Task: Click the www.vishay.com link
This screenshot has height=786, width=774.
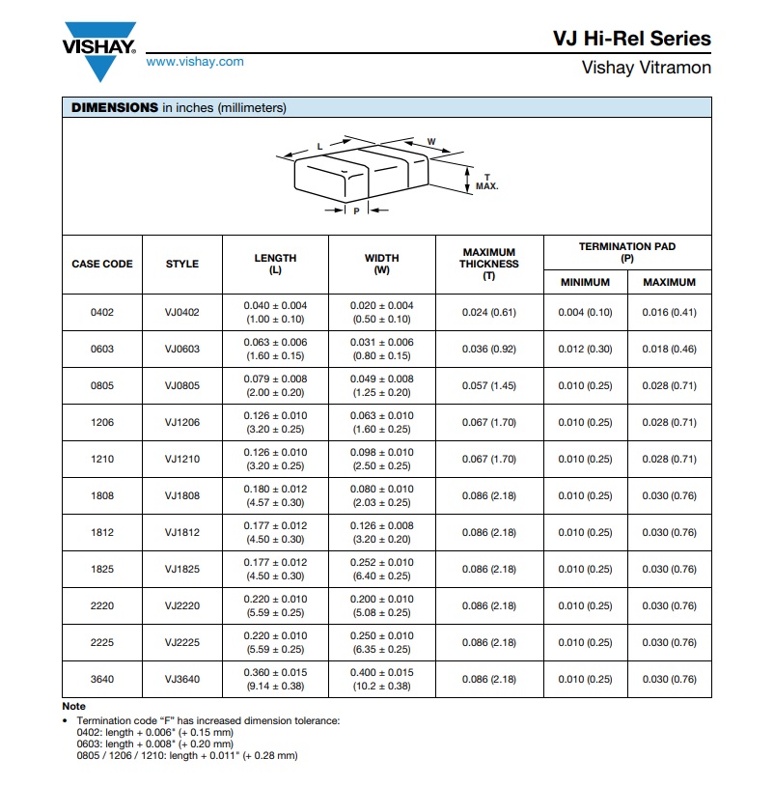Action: click(x=195, y=62)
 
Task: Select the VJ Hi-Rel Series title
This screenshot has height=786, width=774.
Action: click(x=631, y=39)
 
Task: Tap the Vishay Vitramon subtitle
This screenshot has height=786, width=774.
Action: click(x=646, y=68)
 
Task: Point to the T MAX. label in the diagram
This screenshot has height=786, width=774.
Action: click(x=486, y=182)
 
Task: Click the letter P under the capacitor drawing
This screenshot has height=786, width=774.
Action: click(x=356, y=210)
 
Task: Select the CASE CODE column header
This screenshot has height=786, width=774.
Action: click(x=102, y=264)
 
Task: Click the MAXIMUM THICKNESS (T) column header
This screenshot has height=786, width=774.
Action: click(x=488, y=264)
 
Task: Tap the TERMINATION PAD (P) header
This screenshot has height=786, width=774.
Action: click(x=627, y=252)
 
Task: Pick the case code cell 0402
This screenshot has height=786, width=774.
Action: click(x=102, y=313)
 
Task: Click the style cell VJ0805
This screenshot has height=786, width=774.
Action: click(x=182, y=386)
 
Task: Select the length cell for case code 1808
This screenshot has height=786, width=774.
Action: click(x=275, y=496)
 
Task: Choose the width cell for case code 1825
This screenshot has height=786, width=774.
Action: click(x=381, y=570)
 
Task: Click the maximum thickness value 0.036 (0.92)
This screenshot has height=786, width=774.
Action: click(x=488, y=350)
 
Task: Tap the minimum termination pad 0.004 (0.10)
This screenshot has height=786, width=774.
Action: click(x=586, y=313)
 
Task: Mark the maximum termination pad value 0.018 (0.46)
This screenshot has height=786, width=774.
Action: click(x=669, y=350)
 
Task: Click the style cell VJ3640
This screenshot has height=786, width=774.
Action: click(x=182, y=680)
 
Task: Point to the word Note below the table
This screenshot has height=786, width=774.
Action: click(x=73, y=707)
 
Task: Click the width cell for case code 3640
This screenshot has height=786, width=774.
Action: click(x=381, y=680)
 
